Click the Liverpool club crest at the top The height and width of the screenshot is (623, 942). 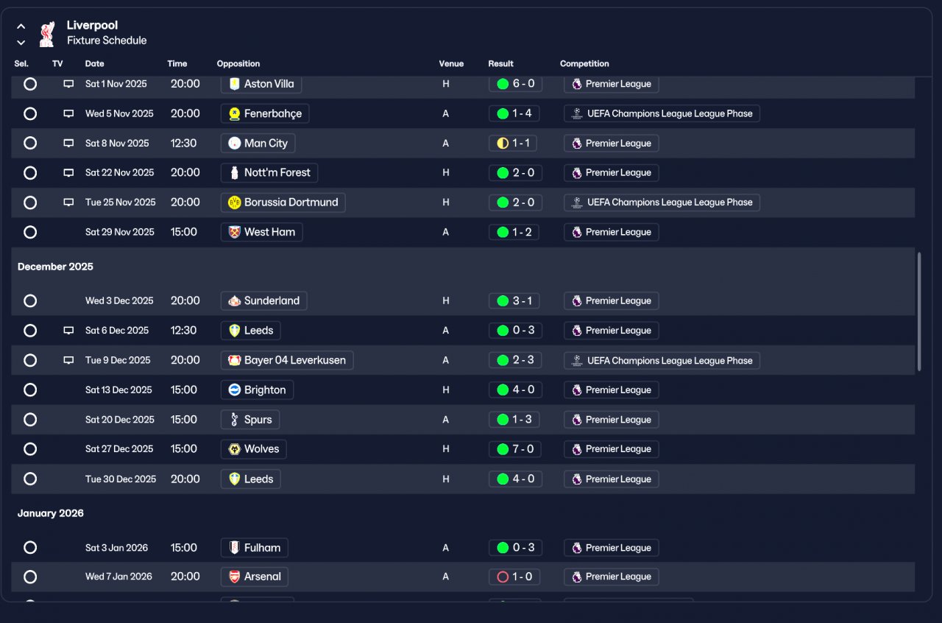pyautogui.click(x=46, y=33)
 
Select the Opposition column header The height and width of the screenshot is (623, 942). pyautogui.click(x=238, y=64)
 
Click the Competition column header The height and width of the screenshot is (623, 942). pyautogui.click(x=584, y=64)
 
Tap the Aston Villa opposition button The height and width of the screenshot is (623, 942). pyautogui.click(x=261, y=84)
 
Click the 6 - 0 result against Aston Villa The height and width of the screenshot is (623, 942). pyautogui.click(x=515, y=84)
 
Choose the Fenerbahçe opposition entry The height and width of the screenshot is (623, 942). pyautogui.click(x=265, y=113)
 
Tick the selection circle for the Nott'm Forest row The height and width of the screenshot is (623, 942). pyautogui.click(x=30, y=173)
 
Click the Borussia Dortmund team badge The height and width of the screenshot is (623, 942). pyautogui.click(x=235, y=203)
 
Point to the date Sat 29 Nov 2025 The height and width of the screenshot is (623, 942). pyautogui.click(x=120, y=232)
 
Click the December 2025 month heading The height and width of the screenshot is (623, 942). pyautogui.click(x=55, y=267)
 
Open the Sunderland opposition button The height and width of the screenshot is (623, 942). pyautogui.click(x=264, y=300)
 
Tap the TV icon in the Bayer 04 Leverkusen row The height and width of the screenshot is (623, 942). pyautogui.click(x=68, y=361)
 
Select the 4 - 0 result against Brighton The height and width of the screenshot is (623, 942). pyautogui.click(x=515, y=390)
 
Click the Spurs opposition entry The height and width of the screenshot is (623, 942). pyautogui.click(x=250, y=420)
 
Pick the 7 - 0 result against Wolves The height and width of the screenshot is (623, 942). pyautogui.click(x=515, y=449)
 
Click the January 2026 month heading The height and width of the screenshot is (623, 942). pyautogui.click(x=51, y=513)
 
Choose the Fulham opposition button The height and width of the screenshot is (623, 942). pyautogui.click(x=255, y=548)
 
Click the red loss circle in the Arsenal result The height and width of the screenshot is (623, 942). pyautogui.click(x=503, y=577)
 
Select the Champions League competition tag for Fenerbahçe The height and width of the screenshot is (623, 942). pyautogui.click(x=662, y=113)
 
